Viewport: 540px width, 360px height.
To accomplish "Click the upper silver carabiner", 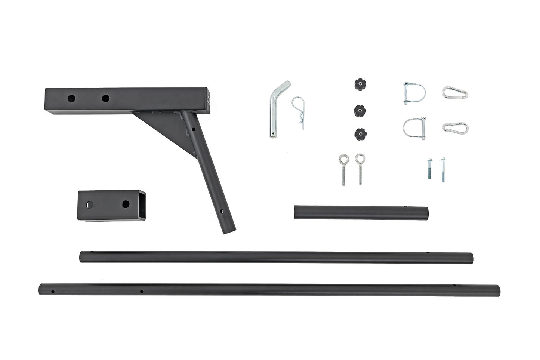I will [455, 92].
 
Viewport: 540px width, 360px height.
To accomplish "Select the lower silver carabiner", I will [455, 127].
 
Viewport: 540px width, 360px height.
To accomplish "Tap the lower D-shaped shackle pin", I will [414, 127].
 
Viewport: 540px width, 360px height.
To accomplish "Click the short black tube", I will [361, 212].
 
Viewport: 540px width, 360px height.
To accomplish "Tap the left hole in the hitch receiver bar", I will [71, 99].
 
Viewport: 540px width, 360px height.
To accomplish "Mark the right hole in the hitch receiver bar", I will [106, 99].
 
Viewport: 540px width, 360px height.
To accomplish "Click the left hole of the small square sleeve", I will [90, 205].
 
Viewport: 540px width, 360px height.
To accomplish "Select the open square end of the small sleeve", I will [141, 205].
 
